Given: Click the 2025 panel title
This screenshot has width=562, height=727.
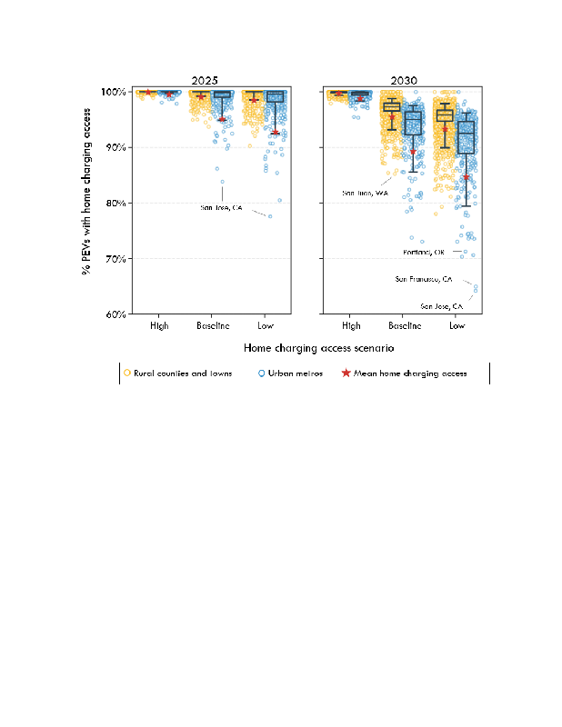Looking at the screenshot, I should tap(212, 81).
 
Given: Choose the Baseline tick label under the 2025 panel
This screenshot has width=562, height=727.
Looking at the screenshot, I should tap(212, 325).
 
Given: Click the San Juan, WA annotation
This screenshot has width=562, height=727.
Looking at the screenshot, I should tap(365, 193).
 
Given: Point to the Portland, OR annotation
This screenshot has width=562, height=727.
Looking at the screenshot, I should tap(424, 252).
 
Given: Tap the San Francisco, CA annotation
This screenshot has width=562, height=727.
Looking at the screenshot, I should tap(424, 279).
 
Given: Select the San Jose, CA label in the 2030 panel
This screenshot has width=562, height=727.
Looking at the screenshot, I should tap(441, 306).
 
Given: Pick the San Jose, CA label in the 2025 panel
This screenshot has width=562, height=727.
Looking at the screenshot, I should tap(222, 207).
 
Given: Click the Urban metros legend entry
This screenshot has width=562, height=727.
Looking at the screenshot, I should tap(291, 373).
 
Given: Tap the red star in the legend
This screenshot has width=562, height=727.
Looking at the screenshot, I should tap(346, 373).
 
